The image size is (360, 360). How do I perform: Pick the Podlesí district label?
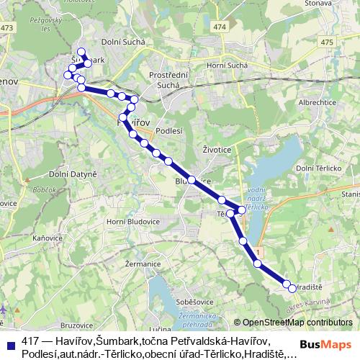[170, 130]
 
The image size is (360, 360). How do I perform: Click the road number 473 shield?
[8, 27]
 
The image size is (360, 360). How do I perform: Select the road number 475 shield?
[328, 42]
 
